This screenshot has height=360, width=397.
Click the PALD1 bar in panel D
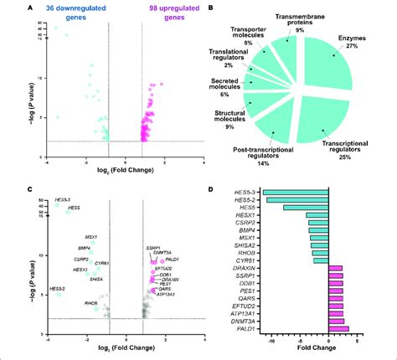coord(338,329)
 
